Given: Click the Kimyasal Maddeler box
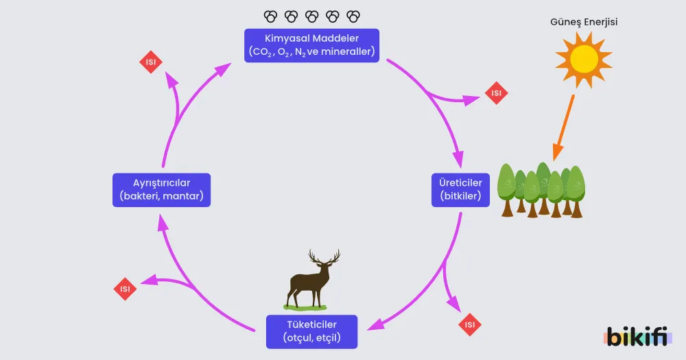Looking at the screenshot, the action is pos(311,45).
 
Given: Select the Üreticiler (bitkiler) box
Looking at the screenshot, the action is pos(460,190).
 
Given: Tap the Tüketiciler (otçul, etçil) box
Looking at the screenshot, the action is pos(311,332).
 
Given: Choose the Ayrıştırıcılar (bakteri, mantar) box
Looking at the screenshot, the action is pos(161,190).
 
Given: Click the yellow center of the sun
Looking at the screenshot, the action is pos(584,59).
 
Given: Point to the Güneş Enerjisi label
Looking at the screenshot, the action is pos(584,22).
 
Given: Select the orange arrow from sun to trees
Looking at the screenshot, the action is pos(563,128).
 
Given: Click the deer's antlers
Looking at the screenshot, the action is pos(324,257).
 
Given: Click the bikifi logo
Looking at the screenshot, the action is pos(639,337).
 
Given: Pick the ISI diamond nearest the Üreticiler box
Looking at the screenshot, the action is pos(496,93).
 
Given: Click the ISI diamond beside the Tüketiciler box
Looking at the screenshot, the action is pos(470,324).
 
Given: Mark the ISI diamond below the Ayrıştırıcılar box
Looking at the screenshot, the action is pos(125,289).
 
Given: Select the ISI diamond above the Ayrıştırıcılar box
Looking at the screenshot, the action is pos(151,62).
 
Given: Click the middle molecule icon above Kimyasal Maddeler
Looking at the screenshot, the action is pos(312,16).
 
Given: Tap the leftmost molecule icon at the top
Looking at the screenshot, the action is pos(270,16).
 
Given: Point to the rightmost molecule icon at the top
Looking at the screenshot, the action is pos(353,16).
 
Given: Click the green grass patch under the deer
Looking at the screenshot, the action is pos(305,307).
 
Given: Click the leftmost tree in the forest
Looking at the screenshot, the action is pos(507,190).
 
